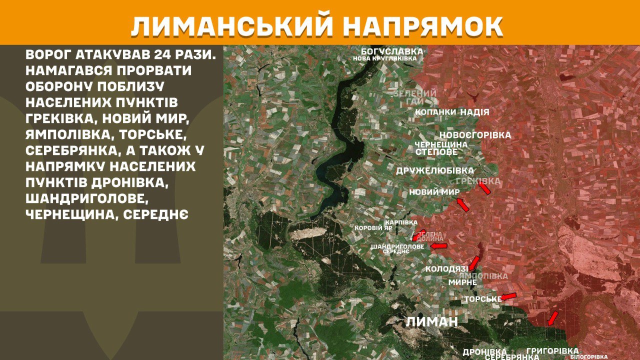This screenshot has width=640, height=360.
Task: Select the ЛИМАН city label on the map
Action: [431, 321]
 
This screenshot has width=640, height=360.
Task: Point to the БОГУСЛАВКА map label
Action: [392, 51]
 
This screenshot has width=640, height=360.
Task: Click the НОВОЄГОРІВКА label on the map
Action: [475, 135]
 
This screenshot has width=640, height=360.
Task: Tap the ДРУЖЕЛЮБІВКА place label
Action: [435, 170]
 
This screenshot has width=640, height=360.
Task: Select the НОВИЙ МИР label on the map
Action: [434, 192]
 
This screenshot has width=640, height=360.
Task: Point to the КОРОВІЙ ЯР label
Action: [373, 228]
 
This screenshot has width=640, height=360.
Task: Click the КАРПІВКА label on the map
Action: [401, 222]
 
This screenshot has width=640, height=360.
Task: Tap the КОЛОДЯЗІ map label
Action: [446, 269]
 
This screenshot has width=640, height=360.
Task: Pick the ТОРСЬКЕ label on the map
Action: [482, 299]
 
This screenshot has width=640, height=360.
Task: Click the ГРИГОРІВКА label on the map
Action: [552, 351]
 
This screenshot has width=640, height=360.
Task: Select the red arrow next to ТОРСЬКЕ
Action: [508, 296]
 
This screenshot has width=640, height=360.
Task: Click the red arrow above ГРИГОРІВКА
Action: [552, 318]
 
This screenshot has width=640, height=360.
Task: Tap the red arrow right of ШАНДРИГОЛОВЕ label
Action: [439, 246]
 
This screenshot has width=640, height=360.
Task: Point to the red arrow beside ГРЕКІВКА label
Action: [484, 188]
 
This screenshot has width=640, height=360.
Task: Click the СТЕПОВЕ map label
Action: [436, 151]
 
